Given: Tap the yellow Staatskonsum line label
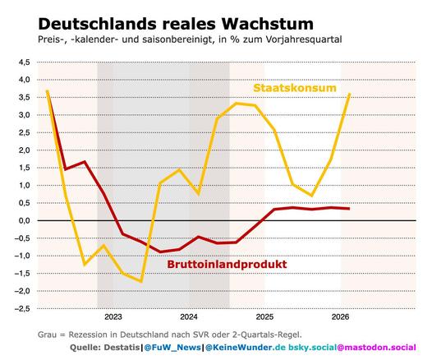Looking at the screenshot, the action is coord(295,88).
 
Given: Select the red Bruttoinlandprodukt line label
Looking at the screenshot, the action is coord(227,264).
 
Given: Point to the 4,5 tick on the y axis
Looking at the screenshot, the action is coord(24,62).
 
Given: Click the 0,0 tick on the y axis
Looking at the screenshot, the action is coord(24,221).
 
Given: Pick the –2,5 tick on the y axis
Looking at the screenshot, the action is coord(22,309).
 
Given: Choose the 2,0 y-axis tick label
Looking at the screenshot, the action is coord(24,150).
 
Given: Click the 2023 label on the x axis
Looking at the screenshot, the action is coord(113,317).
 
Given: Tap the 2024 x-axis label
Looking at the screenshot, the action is coord(189,317).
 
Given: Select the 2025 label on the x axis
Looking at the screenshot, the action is coord(264,317).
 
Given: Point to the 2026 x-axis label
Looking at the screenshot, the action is coord(340,317).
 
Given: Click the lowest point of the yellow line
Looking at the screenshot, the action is coord(141,281).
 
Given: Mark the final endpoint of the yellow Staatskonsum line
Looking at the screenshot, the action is coord(350,94).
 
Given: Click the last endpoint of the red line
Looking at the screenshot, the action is coord(349,209).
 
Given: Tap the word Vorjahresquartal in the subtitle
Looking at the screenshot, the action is coord(304,39).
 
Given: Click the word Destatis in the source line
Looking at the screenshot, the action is coord(122,348).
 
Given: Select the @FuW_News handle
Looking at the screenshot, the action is coord(172,348).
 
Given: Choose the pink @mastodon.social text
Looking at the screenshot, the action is coord(376,348).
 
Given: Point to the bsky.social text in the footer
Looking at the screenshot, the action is coord(312,348).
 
